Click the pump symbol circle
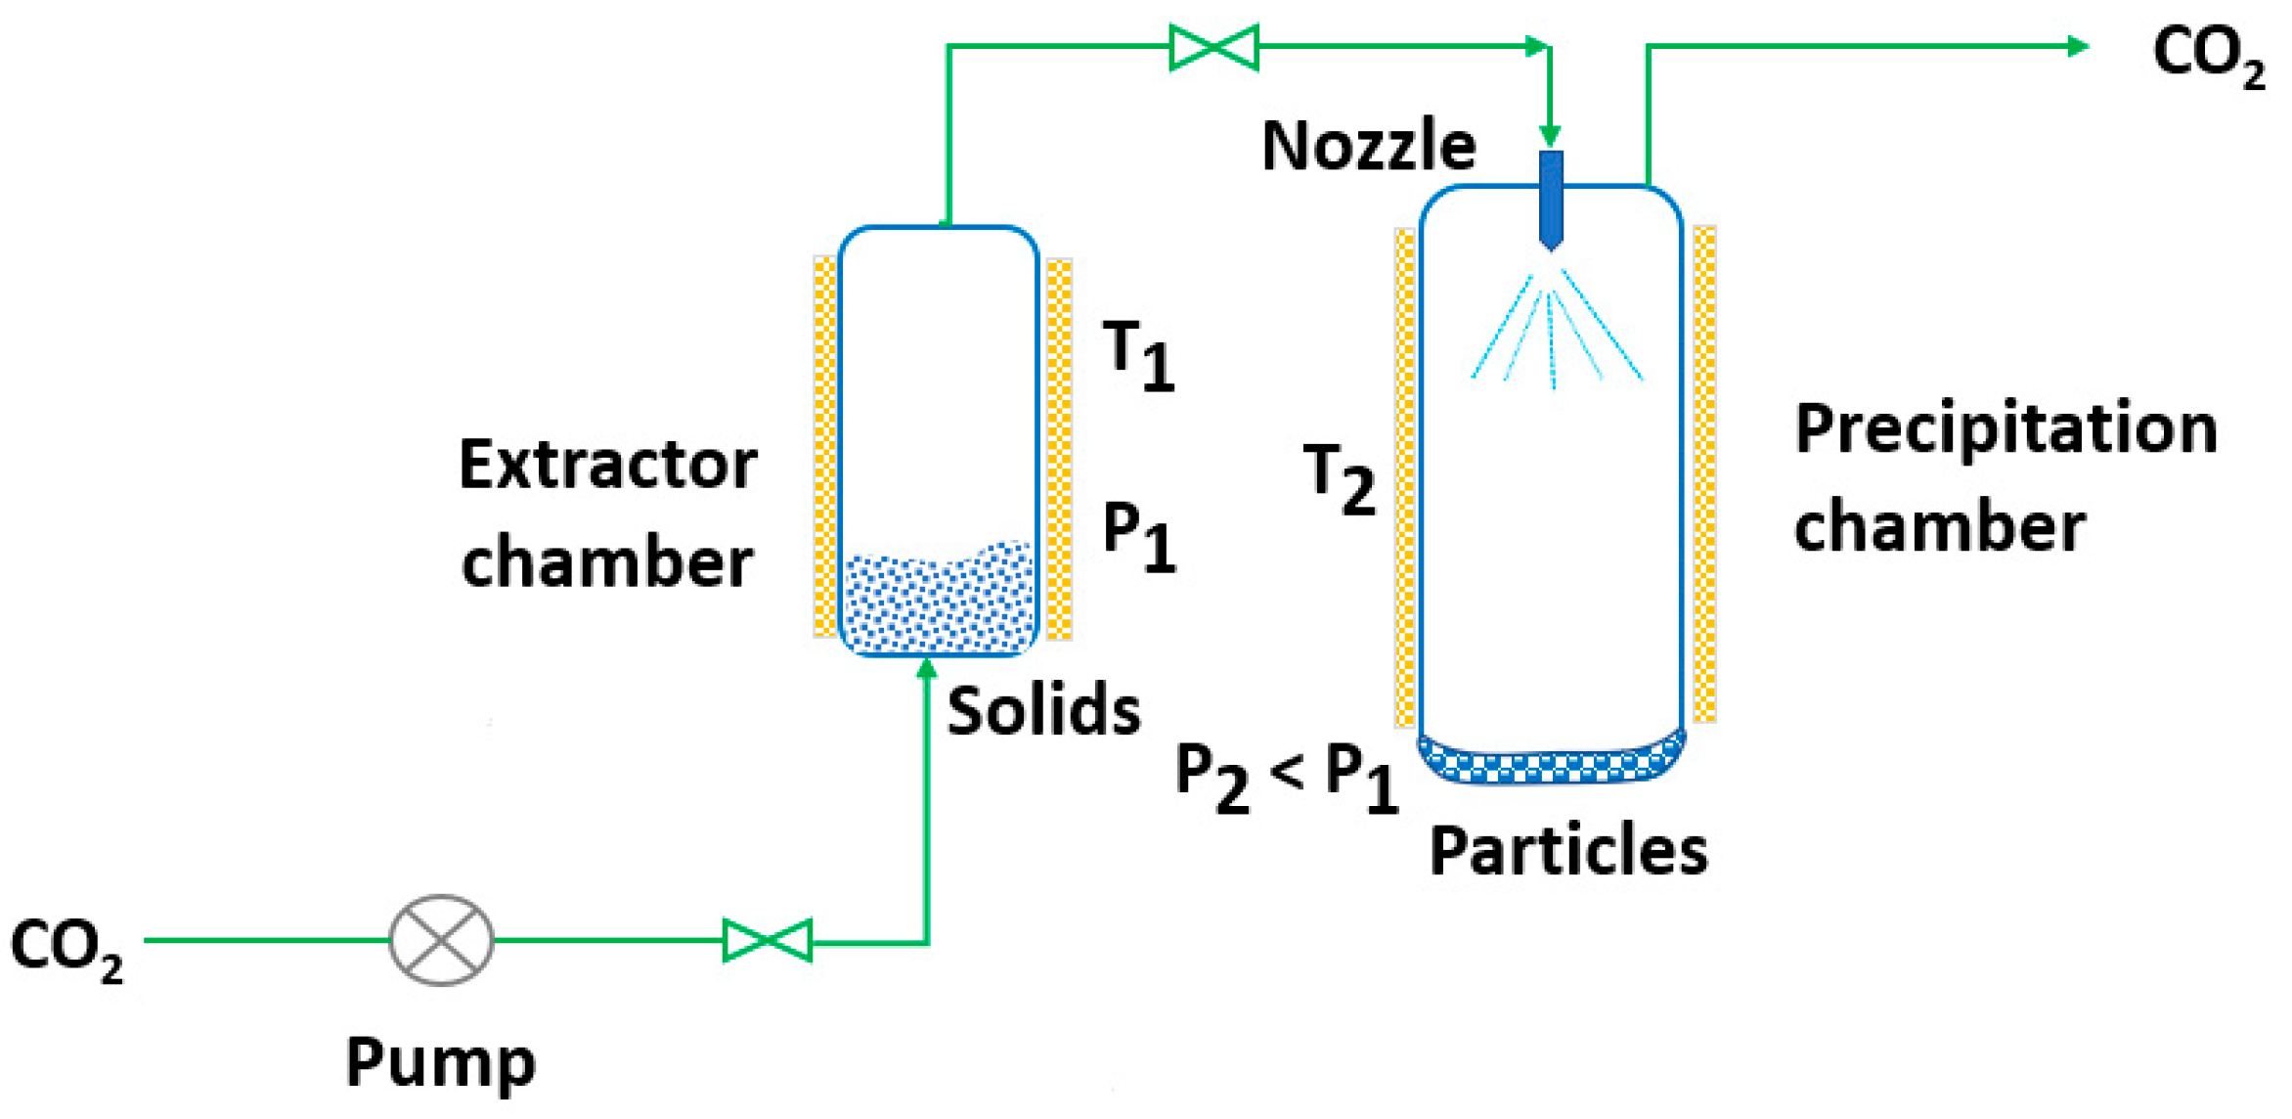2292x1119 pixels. (441, 940)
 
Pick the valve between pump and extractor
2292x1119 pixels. (768, 941)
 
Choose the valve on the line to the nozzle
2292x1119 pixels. (1213, 47)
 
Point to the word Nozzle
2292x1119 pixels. (1368, 146)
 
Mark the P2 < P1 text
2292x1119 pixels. (1285, 776)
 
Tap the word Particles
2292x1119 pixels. (1568, 850)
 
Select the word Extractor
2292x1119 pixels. (607, 465)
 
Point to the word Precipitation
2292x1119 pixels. (2005, 428)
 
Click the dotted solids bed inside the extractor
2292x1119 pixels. (938, 602)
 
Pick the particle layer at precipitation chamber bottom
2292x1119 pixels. (1551, 760)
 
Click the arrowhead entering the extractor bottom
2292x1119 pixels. (927, 669)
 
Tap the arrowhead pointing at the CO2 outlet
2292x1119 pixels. (2078, 46)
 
